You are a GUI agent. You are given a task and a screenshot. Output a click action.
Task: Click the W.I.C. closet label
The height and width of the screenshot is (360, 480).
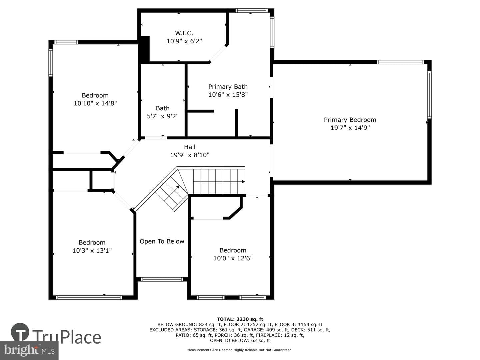point(184,33)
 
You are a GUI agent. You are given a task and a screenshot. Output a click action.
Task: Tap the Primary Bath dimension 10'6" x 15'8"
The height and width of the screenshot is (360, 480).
point(228,95)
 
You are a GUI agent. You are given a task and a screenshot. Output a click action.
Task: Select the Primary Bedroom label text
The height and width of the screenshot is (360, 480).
point(350,120)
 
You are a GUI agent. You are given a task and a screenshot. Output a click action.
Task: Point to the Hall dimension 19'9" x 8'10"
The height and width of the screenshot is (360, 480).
point(190,155)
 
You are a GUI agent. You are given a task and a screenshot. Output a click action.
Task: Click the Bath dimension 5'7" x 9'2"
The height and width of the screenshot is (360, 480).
point(163,116)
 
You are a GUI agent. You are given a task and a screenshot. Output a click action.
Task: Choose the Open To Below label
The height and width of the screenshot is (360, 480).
point(162,241)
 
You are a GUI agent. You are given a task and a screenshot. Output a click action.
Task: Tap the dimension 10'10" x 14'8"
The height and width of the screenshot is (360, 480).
point(95,103)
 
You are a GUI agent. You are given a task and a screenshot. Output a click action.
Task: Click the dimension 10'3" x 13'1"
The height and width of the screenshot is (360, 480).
point(92,250)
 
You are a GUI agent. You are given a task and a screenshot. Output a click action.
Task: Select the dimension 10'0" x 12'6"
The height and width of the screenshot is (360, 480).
point(233,258)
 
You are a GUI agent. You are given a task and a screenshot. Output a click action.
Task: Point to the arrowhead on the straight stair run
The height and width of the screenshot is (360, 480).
point(243,182)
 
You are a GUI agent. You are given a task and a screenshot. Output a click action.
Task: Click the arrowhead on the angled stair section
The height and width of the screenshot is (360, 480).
point(178,187)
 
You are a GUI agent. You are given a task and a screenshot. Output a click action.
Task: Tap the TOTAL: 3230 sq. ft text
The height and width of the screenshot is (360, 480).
point(240,319)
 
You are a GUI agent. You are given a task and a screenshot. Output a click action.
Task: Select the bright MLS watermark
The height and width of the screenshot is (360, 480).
point(29,350)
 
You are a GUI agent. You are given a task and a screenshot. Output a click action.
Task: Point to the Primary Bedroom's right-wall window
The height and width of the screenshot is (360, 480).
point(429,95)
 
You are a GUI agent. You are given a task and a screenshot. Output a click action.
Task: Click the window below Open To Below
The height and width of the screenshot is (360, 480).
point(162,279)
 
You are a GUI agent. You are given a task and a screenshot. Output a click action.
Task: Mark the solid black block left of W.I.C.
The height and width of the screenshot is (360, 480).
point(144,49)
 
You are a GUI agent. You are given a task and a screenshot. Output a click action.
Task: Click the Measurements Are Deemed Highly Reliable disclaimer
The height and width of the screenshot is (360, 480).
point(240,350)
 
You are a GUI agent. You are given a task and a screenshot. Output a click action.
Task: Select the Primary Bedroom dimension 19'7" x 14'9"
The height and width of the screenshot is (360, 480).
point(350,128)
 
